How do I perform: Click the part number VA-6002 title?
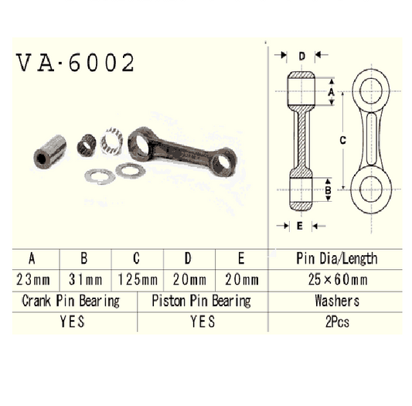tap(75, 63)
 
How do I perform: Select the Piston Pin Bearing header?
tap(202, 301)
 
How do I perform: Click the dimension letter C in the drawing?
tap(342, 139)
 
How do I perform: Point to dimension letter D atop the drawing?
tap(302, 56)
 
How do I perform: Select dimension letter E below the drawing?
tap(299, 226)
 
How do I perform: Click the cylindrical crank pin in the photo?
tap(52, 148)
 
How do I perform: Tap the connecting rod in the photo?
tap(182, 148)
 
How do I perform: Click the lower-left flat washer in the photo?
tap(100, 176)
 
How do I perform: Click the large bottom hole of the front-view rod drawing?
tap(370, 189)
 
